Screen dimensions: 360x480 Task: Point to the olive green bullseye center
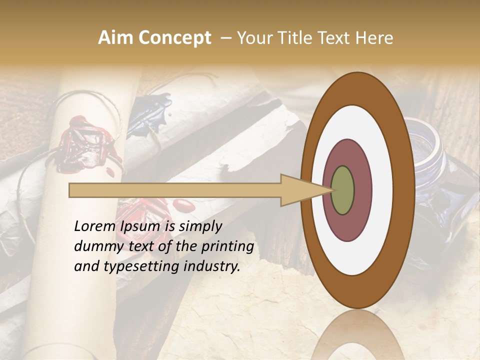(x=342, y=190)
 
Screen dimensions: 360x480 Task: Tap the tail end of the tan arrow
(x=70, y=190)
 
